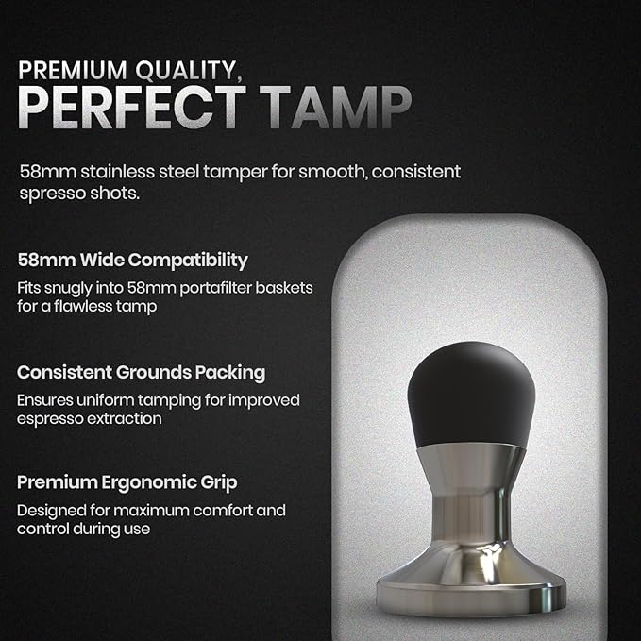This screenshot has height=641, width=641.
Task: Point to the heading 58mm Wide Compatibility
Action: (132, 260)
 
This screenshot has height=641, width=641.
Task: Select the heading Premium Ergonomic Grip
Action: (127, 482)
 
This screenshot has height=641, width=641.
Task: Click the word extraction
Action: (130, 418)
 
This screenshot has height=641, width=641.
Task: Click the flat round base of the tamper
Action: (469, 593)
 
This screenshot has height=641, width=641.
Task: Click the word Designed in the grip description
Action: (52, 511)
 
